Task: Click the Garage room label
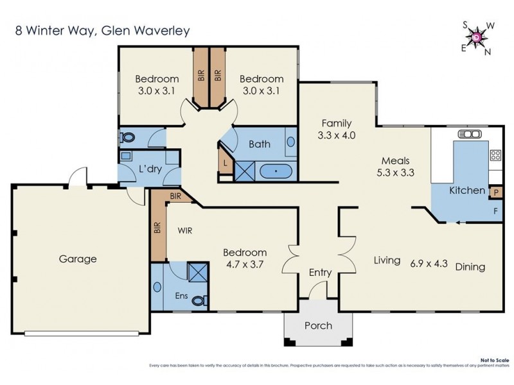pyautogui.click(x=78, y=259)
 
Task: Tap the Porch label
pyautogui.click(x=318, y=325)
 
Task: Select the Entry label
pyautogui.click(x=320, y=273)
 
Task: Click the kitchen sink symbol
pyautogui.click(x=470, y=134)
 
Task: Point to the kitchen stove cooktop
pyautogui.click(x=495, y=155)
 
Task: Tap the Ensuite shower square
pyautogui.click(x=197, y=271)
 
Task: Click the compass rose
pyautogui.click(x=476, y=38)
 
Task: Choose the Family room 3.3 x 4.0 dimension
pyautogui.click(x=337, y=135)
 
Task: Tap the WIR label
pyautogui.click(x=186, y=229)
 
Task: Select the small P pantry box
pyautogui.click(x=495, y=192)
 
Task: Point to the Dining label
pyautogui.click(x=470, y=267)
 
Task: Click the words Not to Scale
pyautogui.click(x=494, y=361)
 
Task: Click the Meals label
pyautogui.click(x=395, y=160)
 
